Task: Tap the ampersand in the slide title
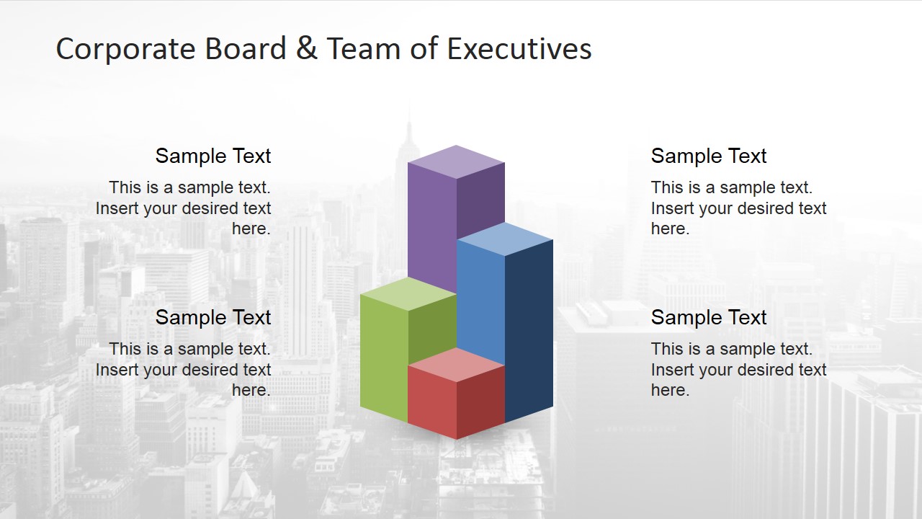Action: click(306, 49)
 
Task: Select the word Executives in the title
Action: click(519, 49)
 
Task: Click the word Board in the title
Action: click(246, 49)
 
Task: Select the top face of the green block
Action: click(408, 293)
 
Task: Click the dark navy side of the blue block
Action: click(529, 332)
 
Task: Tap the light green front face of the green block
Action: click(383, 357)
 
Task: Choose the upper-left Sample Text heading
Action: click(213, 156)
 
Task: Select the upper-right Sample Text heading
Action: click(709, 156)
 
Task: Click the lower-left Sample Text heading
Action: click(213, 317)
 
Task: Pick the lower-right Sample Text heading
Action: click(709, 317)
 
